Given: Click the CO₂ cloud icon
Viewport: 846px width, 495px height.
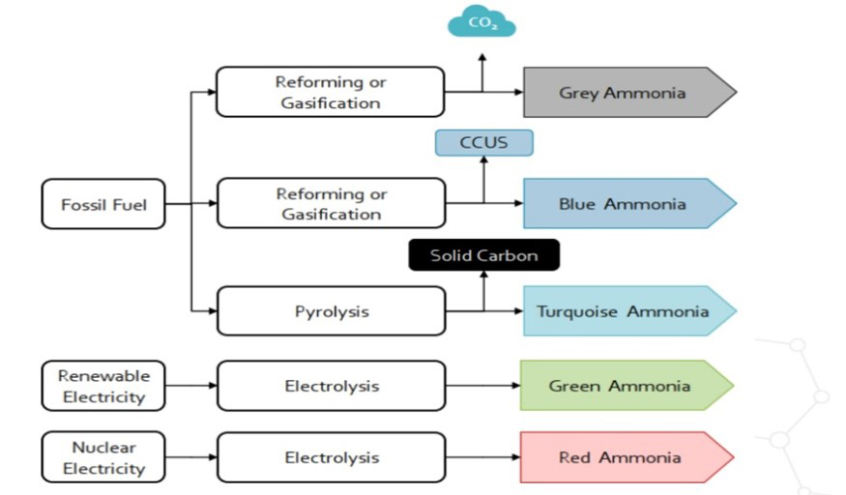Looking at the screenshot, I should click(x=481, y=21).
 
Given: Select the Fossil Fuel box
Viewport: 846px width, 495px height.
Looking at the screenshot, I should click(x=103, y=204).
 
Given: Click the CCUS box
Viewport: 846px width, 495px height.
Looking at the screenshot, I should click(x=483, y=143).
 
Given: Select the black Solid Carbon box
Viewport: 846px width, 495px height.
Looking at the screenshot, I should click(x=483, y=255).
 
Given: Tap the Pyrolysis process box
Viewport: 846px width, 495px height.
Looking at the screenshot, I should click(x=331, y=311).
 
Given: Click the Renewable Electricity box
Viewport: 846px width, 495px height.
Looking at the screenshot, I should click(x=103, y=386).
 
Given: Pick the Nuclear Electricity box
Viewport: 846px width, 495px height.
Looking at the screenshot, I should click(x=103, y=457).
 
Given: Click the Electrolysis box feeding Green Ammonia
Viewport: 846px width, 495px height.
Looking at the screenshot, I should click(x=331, y=386).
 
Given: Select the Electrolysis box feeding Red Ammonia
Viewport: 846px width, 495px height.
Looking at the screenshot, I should click(x=331, y=457).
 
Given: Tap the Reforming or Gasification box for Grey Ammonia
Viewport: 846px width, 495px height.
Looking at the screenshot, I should click(x=331, y=93).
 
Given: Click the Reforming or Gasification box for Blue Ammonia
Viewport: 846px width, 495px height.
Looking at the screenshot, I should click(x=331, y=204).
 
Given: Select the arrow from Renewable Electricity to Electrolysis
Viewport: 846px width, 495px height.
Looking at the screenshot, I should click(x=190, y=386).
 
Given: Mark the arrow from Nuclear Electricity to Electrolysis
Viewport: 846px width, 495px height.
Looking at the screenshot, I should click(x=190, y=457).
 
